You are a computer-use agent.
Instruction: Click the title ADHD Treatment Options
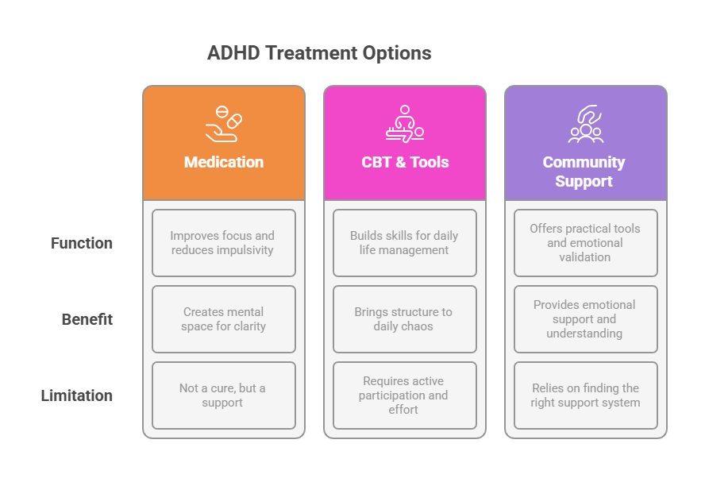point(319,53)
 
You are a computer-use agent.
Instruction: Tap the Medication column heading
point(224,162)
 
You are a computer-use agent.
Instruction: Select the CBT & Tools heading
point(405,162)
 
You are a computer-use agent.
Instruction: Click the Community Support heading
point(584,172)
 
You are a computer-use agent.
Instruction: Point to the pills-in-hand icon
point(223,124)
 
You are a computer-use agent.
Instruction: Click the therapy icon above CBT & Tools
point(405,124)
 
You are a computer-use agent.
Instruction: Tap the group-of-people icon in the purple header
point(586,124)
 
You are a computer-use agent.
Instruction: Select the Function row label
point(82,243)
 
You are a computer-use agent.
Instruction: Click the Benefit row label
point(87,319)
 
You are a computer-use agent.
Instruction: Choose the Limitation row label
point(76,395)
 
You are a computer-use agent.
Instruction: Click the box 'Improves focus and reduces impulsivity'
point(224,243)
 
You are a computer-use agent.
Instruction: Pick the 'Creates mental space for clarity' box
point(224,319)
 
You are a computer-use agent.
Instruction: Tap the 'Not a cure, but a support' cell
point(224,395)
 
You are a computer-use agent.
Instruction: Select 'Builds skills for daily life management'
point(405,243)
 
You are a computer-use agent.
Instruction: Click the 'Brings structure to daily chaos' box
point(405,319)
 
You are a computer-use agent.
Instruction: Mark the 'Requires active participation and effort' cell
point(405,395)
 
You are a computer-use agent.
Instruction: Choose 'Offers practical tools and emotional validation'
point(586,243)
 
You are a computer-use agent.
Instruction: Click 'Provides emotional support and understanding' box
point(586,319)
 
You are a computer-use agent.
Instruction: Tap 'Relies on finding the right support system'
point(586,395)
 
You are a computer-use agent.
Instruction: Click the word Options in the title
point(397,53)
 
